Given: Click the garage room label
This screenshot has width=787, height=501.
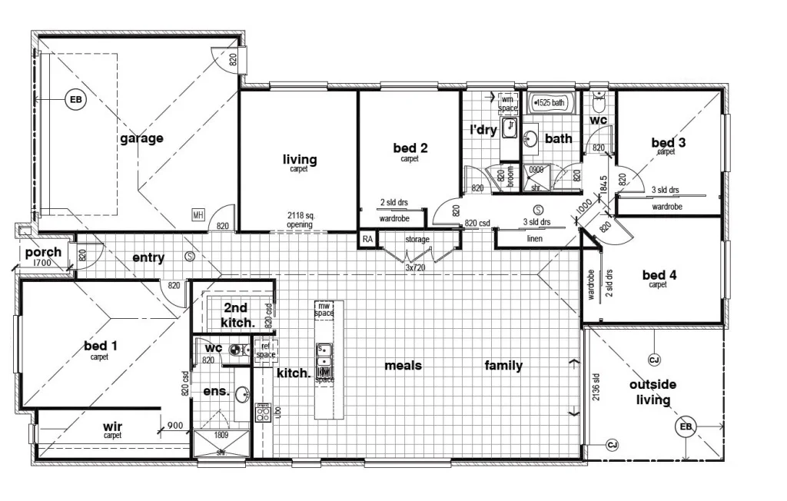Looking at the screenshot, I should click(x=141, y=138).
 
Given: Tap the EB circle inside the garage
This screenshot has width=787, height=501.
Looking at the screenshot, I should click(x=75, y=100).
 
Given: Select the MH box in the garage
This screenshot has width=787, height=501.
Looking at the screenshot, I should click(x=198, y=214).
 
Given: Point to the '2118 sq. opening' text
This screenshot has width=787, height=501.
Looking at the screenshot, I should click(x=299, y=220).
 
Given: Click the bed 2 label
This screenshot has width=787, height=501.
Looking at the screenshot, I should click(x=410, y=148).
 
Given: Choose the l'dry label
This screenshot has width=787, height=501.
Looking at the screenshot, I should click(x=483, y=130).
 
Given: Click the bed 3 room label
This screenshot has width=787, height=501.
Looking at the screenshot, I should click(x=668, y=142).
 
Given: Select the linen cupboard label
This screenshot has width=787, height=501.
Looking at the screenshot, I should click(x=536, y=239).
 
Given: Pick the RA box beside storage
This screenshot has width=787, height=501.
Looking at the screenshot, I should click(x=367, y=240).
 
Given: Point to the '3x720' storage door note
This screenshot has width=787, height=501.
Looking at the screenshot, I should click(x=417, y=269).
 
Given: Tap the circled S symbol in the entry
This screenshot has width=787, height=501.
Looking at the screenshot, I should click(x=189, y=256).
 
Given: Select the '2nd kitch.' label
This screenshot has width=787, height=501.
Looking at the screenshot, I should click(x=236, y=315).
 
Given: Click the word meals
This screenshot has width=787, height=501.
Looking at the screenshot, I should click(x=403, y=366).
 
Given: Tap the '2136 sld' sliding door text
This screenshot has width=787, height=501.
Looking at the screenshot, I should click(x=596, y=388).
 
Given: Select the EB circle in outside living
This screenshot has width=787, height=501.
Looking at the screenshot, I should click(x=683, y=428).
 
